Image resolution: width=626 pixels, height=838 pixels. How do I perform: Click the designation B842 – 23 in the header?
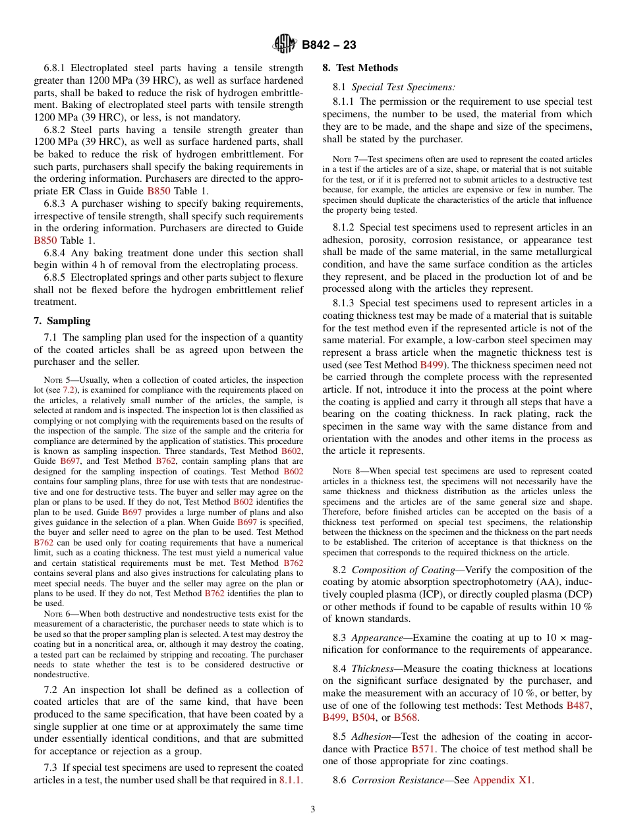pyautogui.click(x=329, y=45)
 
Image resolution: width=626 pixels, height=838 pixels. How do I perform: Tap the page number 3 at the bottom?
pyautogui.click(x=313, y=809)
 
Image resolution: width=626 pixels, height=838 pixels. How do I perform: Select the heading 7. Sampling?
pyautogui.click(x=62, y=321)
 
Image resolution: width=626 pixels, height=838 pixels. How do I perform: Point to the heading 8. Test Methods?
pyautogui.click(x=360, y=68)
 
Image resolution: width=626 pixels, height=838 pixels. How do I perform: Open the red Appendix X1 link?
pyautogui.click(x=503, y=781)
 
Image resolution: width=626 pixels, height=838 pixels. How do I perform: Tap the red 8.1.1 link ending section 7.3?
pyautogui.click(x=291, y=781)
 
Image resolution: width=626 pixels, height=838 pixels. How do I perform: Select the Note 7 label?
pyautogui.click(x=344, y=159)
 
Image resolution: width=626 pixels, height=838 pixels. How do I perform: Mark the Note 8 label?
pyautogui.click(x=344, y=471)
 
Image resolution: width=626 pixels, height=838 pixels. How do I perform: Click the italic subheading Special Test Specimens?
pyautogui.click(x=403, y=87)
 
